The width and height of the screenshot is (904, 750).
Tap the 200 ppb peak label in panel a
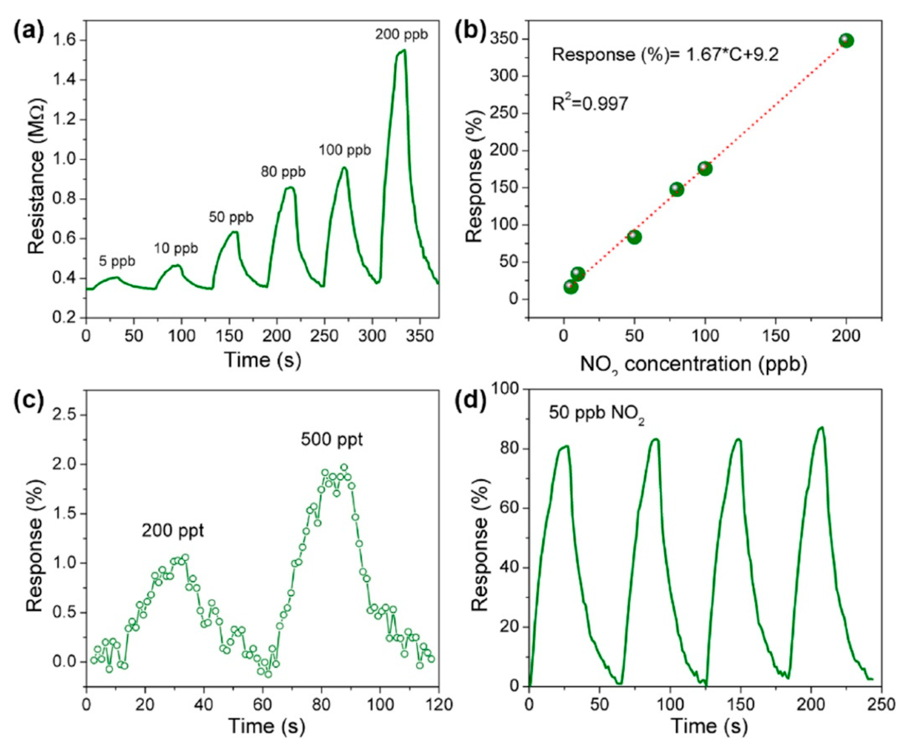click(x=401, y=34)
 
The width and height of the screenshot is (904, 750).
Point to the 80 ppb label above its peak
click(x=283, y=172)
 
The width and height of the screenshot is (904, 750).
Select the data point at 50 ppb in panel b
click(x=634, y=237)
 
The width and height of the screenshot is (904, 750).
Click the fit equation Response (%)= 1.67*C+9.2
click(x=665, y=55)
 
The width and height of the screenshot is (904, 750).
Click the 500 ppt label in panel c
click(x=331, y=440)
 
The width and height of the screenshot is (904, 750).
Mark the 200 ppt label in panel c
click(x=173, y=531)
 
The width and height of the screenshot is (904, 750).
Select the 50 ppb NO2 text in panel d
click(x=596, y=413)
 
